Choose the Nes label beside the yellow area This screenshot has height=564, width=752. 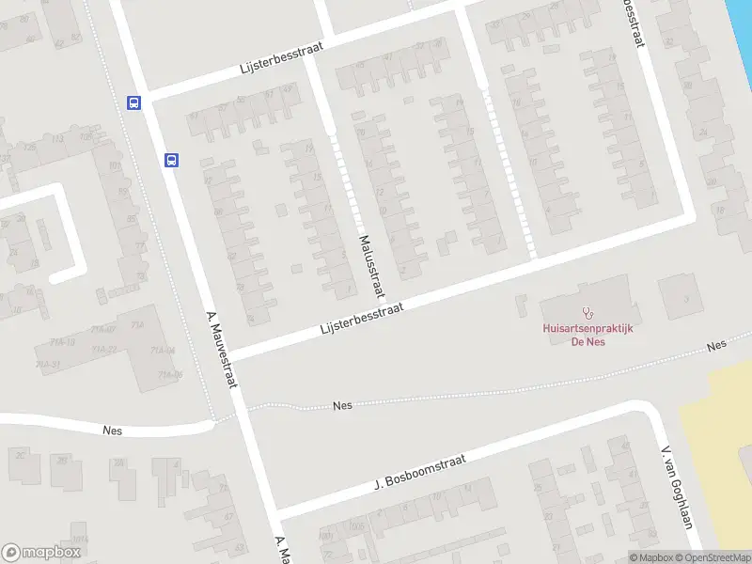tap(717, 346)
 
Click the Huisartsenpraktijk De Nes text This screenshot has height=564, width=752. tap(587, 335)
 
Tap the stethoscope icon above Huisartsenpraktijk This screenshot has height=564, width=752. tap(588, 311)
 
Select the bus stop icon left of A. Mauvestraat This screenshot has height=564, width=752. tap(133, 103)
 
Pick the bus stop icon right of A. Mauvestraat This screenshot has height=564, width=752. tap(172, 160)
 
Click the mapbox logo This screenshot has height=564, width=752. tap(41, 553)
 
